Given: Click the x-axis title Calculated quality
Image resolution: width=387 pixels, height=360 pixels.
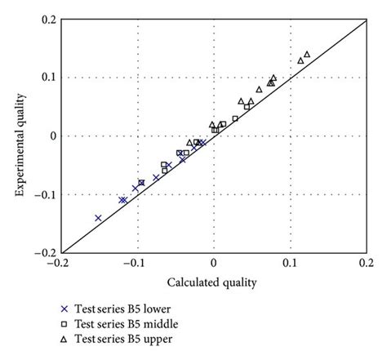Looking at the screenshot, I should point(213,282).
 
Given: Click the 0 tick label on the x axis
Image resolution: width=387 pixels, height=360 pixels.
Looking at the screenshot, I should point(213,264).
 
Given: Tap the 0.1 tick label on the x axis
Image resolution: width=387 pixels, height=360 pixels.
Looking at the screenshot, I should point(290,264).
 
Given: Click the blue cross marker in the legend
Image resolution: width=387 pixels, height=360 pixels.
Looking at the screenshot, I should point(64,309).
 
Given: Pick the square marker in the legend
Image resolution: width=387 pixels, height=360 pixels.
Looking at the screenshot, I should point(64,323).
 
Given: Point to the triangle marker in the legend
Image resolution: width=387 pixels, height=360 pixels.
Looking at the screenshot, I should point(64,337).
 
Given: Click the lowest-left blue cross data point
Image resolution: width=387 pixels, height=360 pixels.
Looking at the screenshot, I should point(98,218).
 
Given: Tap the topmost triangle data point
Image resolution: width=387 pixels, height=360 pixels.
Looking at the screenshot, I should point(307,55).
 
